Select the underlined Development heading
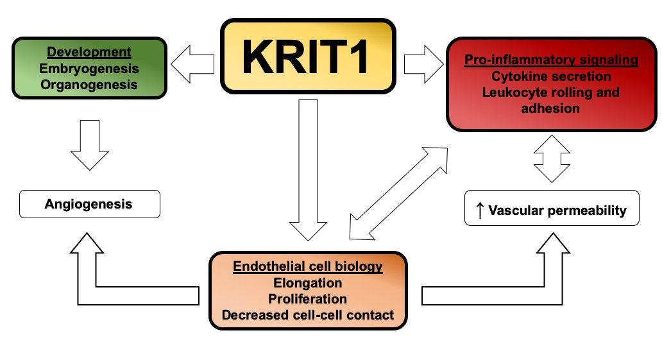(89, 52)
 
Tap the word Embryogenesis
(89, 68)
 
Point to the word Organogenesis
(89, 84)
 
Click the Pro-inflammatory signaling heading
(551, 60)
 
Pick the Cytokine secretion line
(551, 76)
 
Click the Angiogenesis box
(89, 205)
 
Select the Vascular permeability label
(557, 210)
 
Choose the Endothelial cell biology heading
(308, 266)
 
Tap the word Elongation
(308, 282)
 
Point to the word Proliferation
(308, 299)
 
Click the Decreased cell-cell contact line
(308, 315)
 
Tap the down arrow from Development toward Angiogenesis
(89, 142)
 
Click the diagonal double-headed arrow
(399, 193)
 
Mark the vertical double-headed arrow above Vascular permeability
(552, 158)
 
